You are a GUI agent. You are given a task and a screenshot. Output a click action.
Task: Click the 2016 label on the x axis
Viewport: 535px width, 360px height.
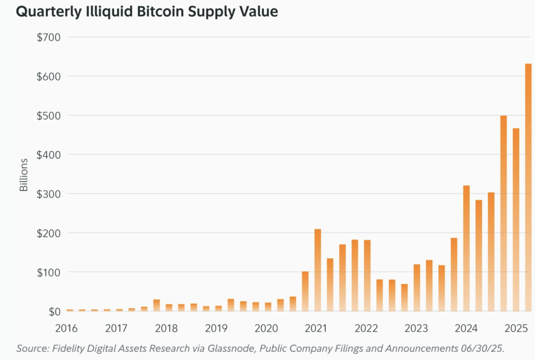[66, 329]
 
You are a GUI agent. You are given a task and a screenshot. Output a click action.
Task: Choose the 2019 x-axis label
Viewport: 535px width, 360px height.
[216, 329]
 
